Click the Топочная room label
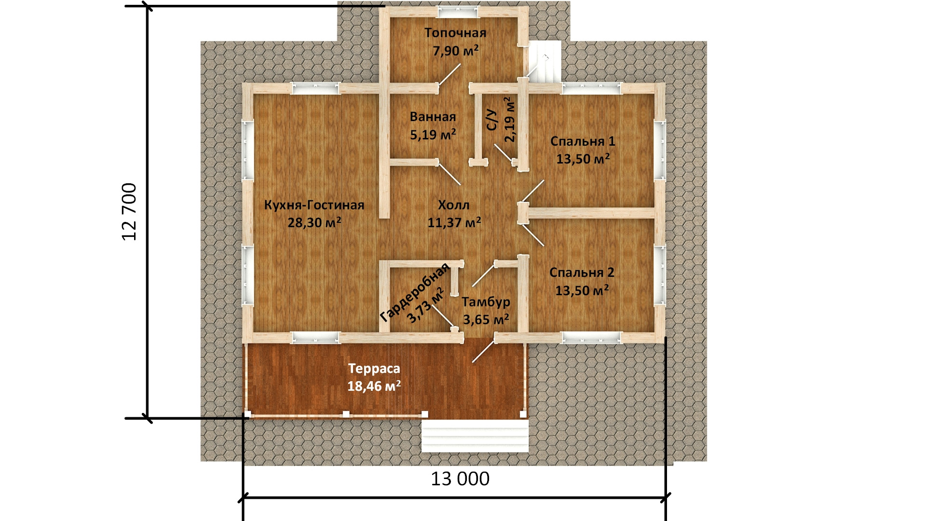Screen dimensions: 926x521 pyautogui.click(x=455, y=33)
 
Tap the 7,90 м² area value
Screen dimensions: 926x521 pyautogui.click(x=456, y=50)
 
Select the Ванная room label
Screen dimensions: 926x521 pyautogui.click(x=433, y=117)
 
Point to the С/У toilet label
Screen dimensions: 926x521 pyautogui.click(x=491, y=119)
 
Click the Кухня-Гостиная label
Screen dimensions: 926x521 pyautogui.click(x=314, y=205)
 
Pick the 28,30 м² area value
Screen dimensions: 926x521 pyautogui.click(x=314, y=222)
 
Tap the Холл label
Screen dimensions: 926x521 pyautogui.click(x=453, y=205)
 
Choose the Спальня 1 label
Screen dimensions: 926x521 pyautogui.click(x=583, y=141)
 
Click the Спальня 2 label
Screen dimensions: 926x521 pyautogui.click(x=582, y=273)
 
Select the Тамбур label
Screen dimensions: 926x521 pyautogui.click(x=486, y=302)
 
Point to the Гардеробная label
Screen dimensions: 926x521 pyautogui.click(x=415, y=292)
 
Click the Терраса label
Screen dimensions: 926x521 pyautogui.click(x=374, y=369)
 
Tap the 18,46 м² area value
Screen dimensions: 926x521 pyautogui.click(x=374, y=386)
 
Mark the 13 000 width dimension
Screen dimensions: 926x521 pyautogui.click(x=460, y=479)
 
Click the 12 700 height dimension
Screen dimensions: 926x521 pyautogui.click(x=130, y=212)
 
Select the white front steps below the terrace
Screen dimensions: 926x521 pyautogui.click(x=475, y=436)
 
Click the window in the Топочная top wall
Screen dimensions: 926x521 pyautogui.click(x=457, y=12)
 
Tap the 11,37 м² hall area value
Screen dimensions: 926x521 pyautogui.click(x=454, y=222)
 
